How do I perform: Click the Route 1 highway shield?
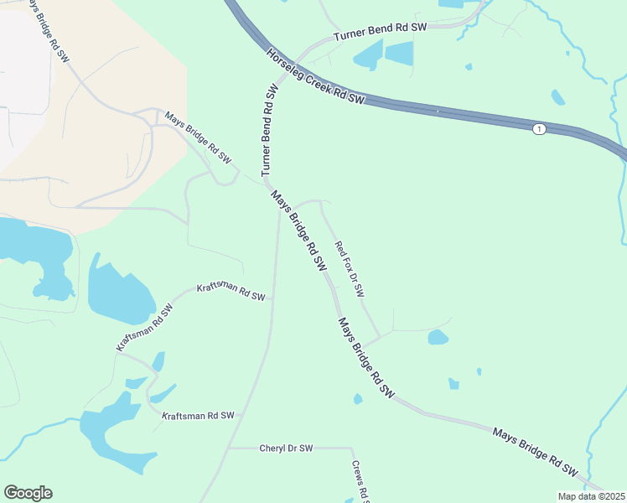pyautogui.click(x=538, y=128)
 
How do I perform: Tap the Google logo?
pyautogui.click(x=28, y=493)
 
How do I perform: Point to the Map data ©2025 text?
pyautogui.click(x=592, y=496)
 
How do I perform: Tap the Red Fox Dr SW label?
pyautogui.click(x=350, y=269)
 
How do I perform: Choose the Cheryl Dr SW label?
pyautogui.click(x=286, y=449)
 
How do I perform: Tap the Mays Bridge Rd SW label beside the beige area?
pyautogui.click(x=197, y=137)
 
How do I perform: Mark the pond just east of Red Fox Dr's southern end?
pyautogui.click(x=438, y=337)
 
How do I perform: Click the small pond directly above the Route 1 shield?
pyautogui.click(x=557, y=97)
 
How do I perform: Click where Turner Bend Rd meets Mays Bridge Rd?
pyautogui.click(x=267, y=179)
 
